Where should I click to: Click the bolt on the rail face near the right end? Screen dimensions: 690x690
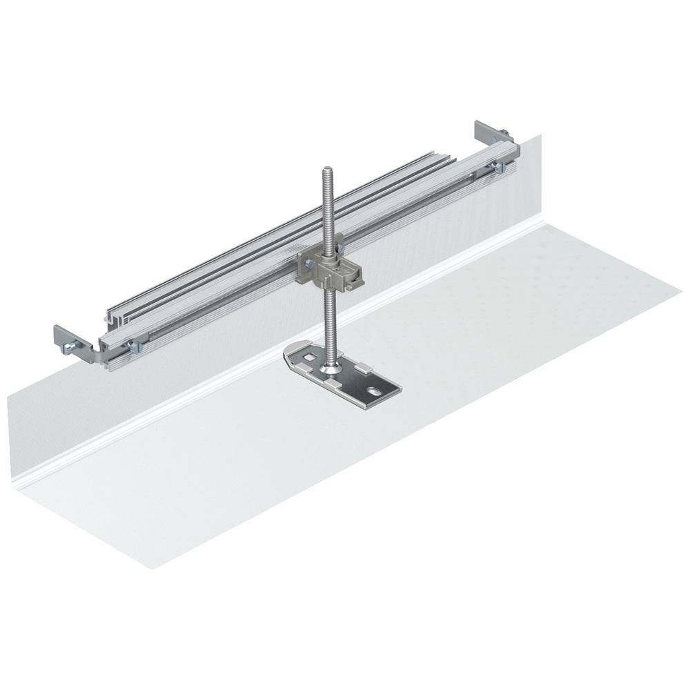pos(495,165)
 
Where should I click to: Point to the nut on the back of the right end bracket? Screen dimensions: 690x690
pos(508,133)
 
